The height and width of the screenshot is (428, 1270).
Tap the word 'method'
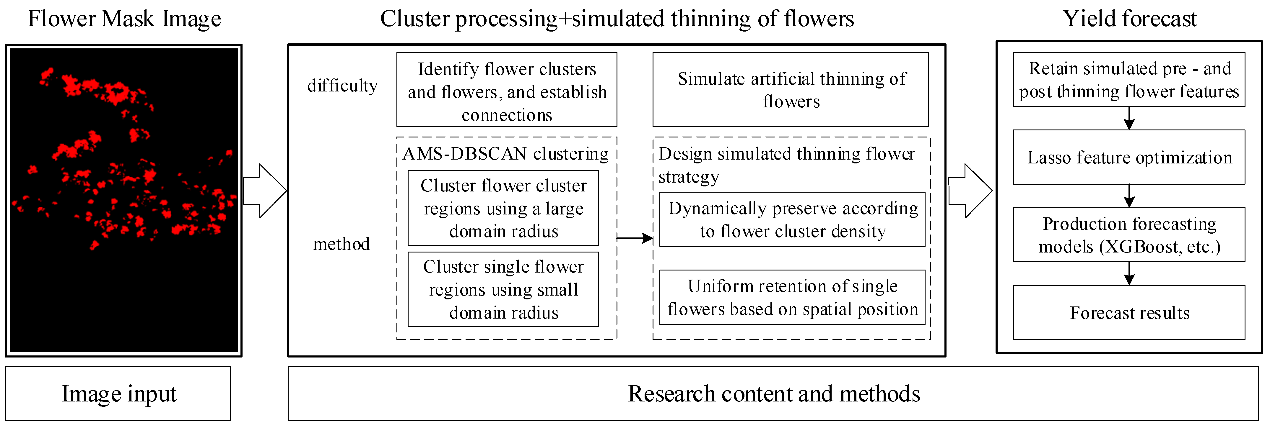point(341,244)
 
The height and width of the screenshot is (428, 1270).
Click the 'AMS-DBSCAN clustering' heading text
point(505,154)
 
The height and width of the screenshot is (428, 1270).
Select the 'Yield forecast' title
point(1129,19)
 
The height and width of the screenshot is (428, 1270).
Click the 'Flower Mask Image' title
point(124,19)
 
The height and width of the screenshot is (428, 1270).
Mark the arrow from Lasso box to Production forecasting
point(1129,196)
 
